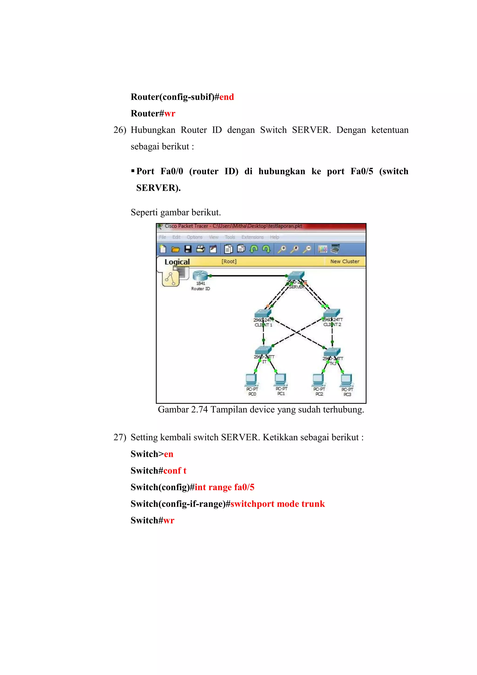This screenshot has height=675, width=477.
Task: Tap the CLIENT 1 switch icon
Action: (x=262, y=313)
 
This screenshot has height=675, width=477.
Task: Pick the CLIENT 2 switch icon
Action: (x=332, y=313)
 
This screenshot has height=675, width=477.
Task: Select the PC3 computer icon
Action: (x=347, y=380)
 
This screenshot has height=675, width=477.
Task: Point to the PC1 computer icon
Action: (x=281, y=379)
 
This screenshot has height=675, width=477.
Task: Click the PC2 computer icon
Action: (x=319, y=379)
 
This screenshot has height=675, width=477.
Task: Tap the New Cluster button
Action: (x=344, y=261)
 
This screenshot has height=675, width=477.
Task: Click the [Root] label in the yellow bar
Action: (x=229, y=261)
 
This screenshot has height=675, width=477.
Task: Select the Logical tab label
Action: (x=177, y=262)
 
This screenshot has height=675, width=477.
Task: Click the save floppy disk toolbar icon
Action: (x=188, y=249)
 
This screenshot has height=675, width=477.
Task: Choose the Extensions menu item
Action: (x=252, y=237)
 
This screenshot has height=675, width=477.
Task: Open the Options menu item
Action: (x=194, y=237)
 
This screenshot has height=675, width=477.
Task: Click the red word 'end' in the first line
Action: (x=227, y=97)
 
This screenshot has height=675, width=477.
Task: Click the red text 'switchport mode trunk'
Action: (x=277, y=504)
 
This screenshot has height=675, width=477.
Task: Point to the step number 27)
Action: (x=120, y=437)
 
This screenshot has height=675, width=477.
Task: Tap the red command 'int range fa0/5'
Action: (x=224, y=487)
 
